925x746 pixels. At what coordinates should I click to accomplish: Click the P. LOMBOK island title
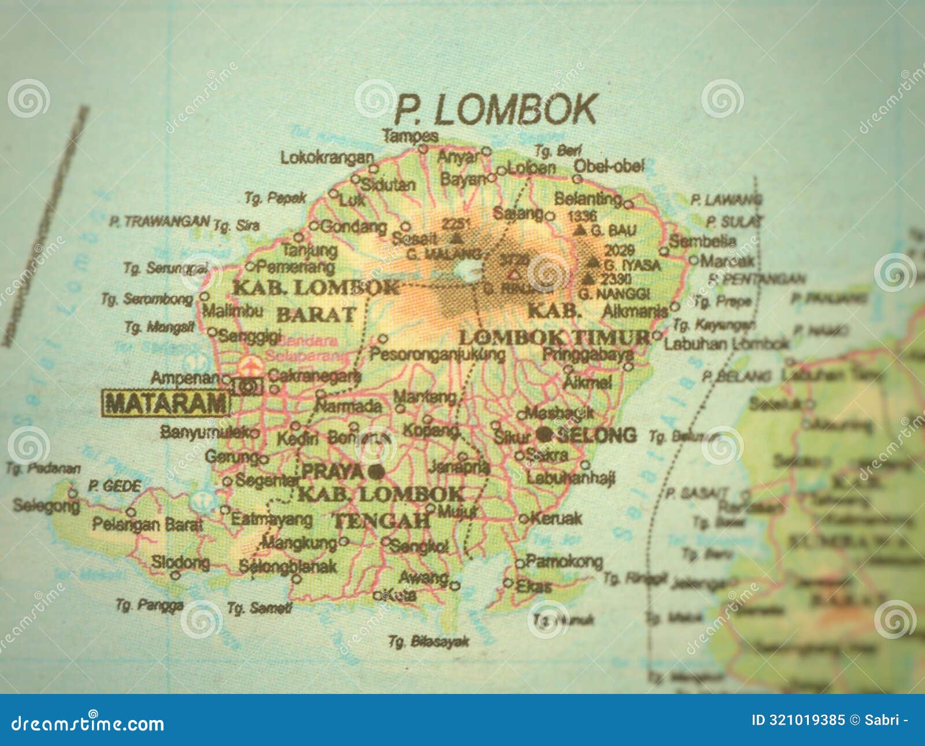pyautogui.click(x=496, y=109)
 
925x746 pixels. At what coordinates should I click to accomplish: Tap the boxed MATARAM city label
pyautogui.click(x=166, y=403)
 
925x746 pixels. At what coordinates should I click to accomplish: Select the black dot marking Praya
pyautogui.click(x=376, y=472)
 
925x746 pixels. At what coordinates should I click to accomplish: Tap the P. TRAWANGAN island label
pyautogui.click(x=160, y=221)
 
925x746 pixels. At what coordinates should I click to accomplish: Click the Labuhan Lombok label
pyautogui.click(x=726, y=344)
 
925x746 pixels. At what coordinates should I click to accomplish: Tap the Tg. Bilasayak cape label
pyautogui.click(x=428, y=641)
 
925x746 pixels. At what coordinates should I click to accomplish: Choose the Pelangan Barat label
pyautogui.click(x=148, y=525)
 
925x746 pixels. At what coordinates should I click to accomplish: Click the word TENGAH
pyautogui.click(x=382, y=521)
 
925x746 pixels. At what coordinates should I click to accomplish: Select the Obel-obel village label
pyautogui.click(x=609, y=167)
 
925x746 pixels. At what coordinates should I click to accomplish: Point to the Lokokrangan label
pyautogui.click(x=327, y=157)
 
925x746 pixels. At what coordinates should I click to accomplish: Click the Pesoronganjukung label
pyautogui.click(x=437, y=354)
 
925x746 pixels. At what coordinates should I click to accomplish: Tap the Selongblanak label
pyautogui.click(x=288, y=566)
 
